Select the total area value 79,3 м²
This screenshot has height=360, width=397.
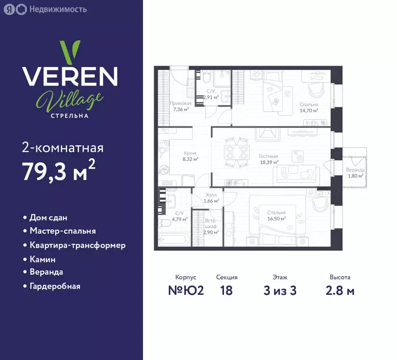pos(59,170)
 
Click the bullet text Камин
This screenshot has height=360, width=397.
pos(43,259)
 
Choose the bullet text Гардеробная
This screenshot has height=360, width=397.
pos(55,286)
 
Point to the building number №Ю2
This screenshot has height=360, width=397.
pos(186,290)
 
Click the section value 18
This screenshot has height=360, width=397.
pos(226,290)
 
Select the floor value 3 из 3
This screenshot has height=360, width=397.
pos(280,290)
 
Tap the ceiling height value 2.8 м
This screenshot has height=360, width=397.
pos(340,291)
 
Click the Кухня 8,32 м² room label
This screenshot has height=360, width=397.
pos(190,156)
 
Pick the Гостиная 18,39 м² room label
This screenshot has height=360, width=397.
pos(269,159)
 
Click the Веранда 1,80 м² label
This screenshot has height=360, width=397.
pos(355,172)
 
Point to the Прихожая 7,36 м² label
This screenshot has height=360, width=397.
pos(181,106)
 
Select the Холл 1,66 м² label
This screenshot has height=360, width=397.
pos(211,198)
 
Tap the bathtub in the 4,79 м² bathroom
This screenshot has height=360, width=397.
pos(174,240)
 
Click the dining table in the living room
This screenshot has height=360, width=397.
pos(237,152)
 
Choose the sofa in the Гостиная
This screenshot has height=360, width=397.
pos(297,173)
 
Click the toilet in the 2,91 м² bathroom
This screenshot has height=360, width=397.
pos(206,77)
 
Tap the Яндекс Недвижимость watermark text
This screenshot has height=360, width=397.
pos(58,9)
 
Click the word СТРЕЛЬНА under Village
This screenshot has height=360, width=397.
pos(70,116)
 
